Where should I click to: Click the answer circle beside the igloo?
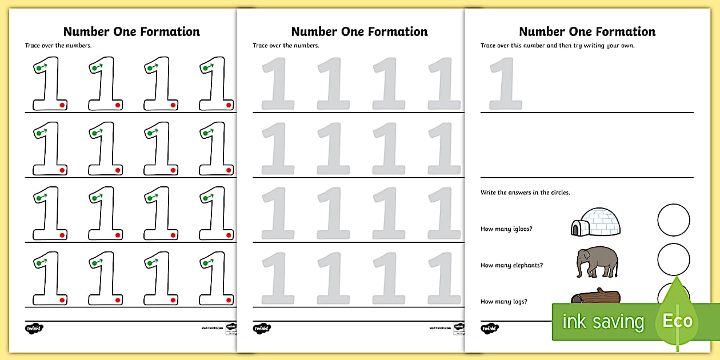pos(674,220)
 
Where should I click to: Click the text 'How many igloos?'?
pos(507,229)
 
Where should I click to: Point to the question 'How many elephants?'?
pos(511,265)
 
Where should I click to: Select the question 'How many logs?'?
pos(503,302)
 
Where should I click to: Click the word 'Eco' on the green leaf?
pos(677,321)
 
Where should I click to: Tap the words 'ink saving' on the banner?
pos(603,322)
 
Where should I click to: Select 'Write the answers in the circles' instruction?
pos(525,193)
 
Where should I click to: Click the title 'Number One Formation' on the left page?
pos(131,31)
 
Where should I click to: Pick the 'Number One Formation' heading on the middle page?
pos(359,31)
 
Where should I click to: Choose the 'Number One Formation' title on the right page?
pos(587,31)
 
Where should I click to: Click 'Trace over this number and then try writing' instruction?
pos(557,46)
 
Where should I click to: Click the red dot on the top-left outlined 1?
pos(62,105)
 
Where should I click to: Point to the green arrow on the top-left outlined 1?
pos(42,67)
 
